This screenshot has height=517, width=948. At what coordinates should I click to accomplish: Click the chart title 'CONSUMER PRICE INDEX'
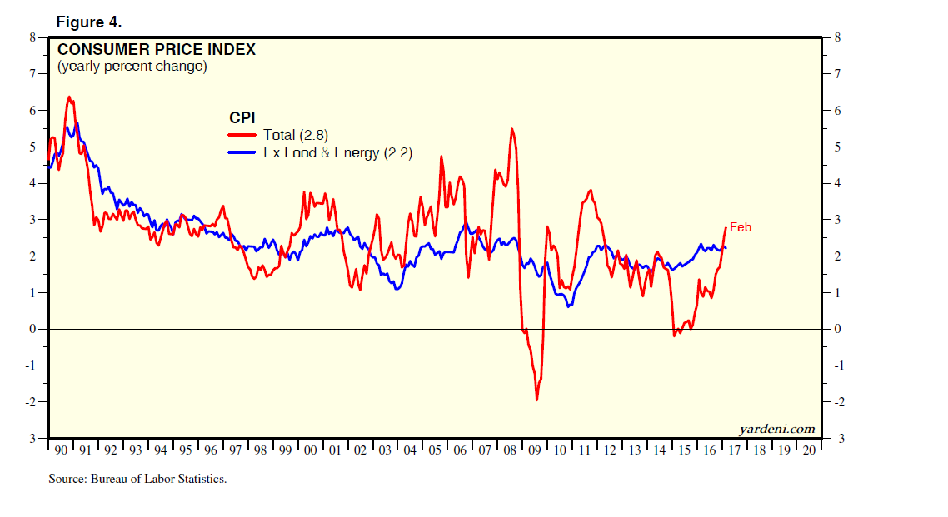click(x=156, y=49)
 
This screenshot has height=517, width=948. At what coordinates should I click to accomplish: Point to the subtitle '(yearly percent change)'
click(x=132, y=66)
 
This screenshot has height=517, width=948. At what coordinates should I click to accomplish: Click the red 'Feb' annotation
click(x=741, y=226)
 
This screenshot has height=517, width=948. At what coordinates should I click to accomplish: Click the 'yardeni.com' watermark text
click(x=777, y=429)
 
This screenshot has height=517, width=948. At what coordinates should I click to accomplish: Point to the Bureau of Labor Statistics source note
click(x=137, y=479)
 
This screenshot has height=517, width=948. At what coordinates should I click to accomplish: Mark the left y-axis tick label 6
click(x=33, y=110)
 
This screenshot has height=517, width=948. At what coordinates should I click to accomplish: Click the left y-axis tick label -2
click(x=32, y=402)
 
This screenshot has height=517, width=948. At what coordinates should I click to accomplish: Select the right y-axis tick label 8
click(x=836, y=37)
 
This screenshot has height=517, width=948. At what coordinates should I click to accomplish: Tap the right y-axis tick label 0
click(x=836, y=329)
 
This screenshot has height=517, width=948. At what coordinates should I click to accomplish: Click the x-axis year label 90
click(x=61, y=450)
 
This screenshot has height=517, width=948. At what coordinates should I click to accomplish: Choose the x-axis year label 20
click(x=807, y=450)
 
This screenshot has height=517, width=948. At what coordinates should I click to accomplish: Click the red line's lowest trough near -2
click(x=536, y=400)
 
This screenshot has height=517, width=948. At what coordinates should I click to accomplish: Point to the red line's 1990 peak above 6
click(x=68, y=97)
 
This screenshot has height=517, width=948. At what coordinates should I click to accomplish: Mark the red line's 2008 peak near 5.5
click(x=511, y=128)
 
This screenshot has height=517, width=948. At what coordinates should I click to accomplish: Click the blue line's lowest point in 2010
click(x=568, y=306)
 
